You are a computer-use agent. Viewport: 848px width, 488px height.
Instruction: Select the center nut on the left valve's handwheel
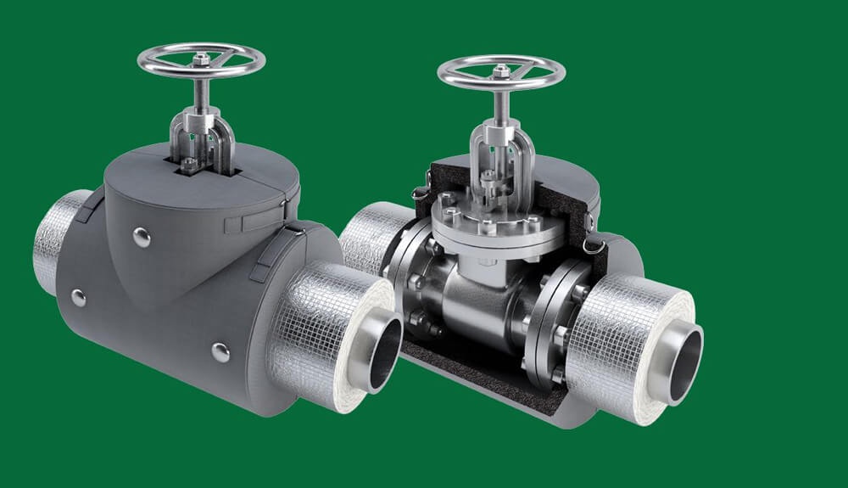coord(201,59)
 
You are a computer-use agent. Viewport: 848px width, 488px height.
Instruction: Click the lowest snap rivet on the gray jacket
coord(220,351)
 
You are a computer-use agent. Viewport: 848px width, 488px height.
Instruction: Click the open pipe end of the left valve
coord(384,348)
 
